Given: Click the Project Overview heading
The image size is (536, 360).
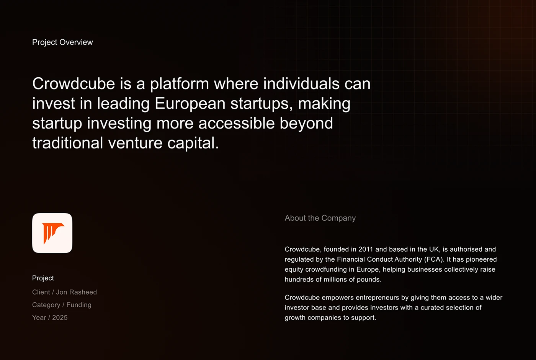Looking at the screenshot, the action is pos(62,42).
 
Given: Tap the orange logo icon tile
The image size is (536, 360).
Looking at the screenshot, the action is pos(52,233).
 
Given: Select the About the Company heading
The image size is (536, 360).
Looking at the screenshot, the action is pos(320,218).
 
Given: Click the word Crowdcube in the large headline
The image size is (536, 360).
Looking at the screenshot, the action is pos(74,84).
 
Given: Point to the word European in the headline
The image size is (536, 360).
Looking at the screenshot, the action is pos(190,104).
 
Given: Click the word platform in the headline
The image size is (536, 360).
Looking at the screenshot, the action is pos(180,84).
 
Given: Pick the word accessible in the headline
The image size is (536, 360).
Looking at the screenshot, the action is pos(237,123).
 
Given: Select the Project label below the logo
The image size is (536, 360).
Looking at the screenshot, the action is pos(43,278).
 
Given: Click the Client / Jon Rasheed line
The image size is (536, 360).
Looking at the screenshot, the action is pos(65,292).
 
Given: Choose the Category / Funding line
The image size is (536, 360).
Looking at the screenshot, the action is pos(62,305).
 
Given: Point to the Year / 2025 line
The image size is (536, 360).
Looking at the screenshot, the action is pos(50,318).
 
